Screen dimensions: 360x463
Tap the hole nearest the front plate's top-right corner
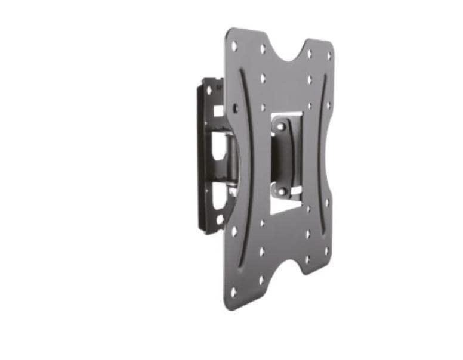[328, 55]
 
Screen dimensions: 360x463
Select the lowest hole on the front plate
[234, 291]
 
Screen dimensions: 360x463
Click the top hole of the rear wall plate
[209, 89]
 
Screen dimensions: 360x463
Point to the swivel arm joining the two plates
[227, 155]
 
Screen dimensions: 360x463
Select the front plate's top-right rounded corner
[331, 45]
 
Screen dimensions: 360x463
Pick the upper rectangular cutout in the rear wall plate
[218, 110]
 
